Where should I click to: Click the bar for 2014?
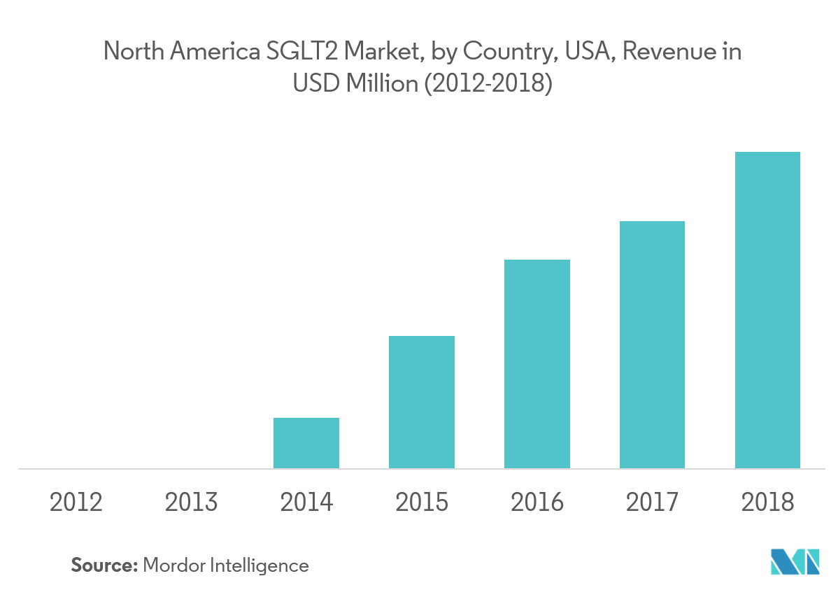(x=306, y=443)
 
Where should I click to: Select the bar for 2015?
(x=422, y=402)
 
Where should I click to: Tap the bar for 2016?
(x=537, y=364)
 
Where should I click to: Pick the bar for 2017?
(x=652, y=344)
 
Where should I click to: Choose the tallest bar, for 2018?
(x=767, y=310)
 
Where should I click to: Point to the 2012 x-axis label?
(x=76, y=503)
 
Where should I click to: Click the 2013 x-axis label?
(x=192, y=503)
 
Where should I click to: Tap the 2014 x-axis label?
(x=306, y=503)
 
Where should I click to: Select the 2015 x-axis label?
(x=422, y=503)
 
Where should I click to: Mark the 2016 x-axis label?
(x=537, y=503)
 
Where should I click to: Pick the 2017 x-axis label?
(x=652, y=503)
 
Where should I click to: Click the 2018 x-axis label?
(x=767, y=503)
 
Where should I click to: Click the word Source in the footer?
(x=104, y=565)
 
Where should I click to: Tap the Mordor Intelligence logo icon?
(x=795, y=561)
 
